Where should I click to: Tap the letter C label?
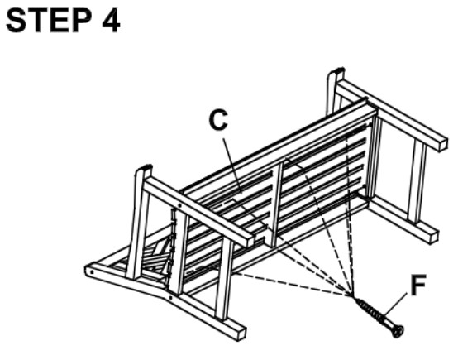pos(217,121)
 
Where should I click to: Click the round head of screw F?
pos(398,330)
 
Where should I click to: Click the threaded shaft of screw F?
pos(375,312)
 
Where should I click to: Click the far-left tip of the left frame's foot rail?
pos(89,270)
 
